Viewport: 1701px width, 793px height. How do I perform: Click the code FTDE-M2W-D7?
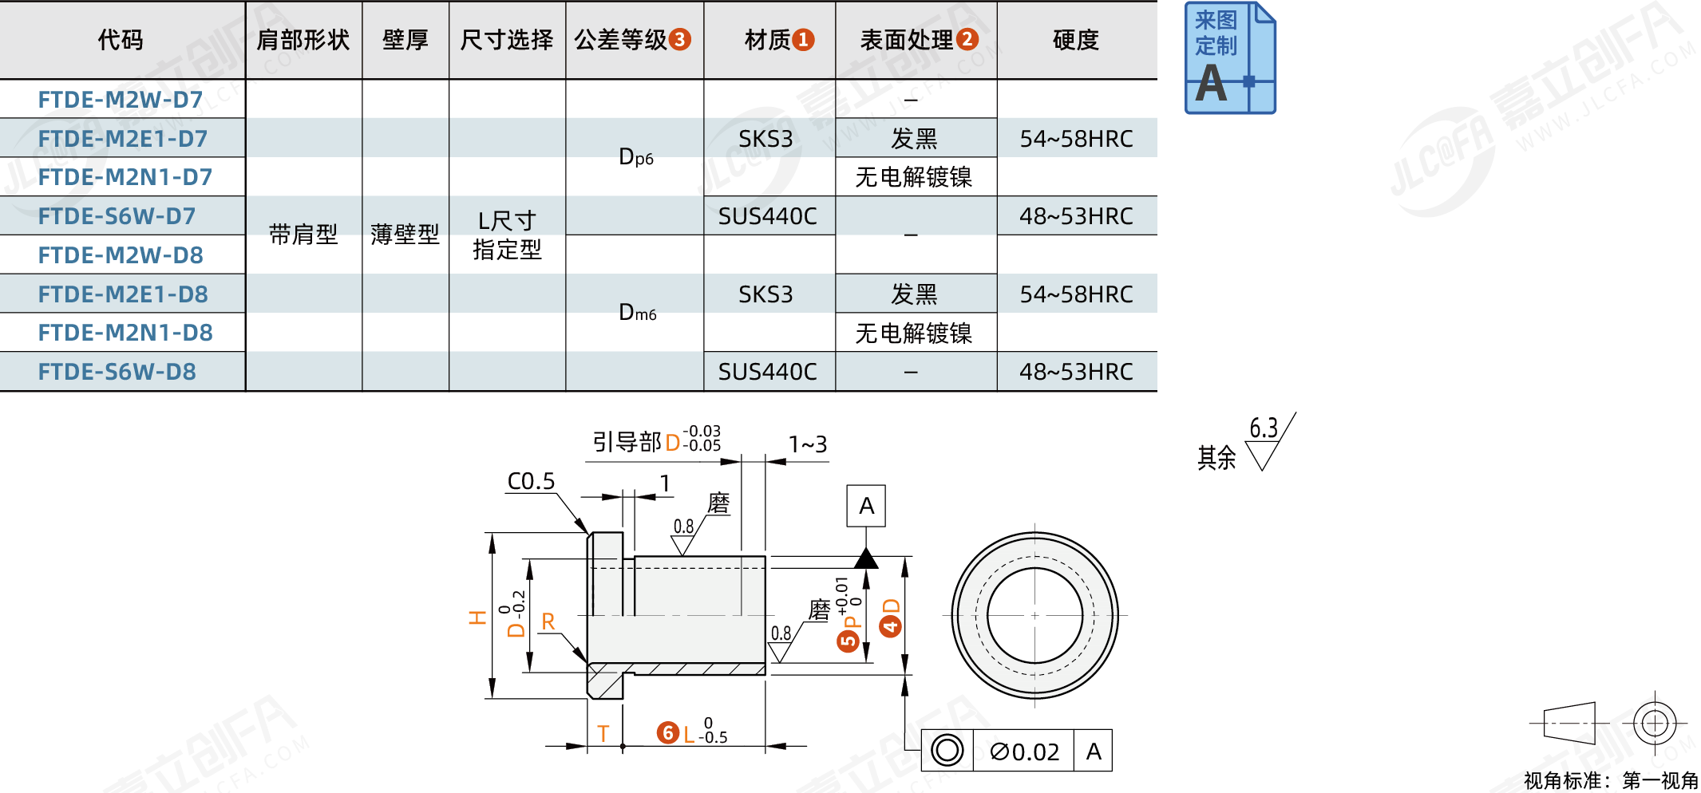[121, 100]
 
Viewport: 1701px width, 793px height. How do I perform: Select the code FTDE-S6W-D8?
[117, 372]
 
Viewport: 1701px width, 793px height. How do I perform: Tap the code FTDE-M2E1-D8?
[123, 294]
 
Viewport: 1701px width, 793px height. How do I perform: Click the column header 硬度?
[1076, 40]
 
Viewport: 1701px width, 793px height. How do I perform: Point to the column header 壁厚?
[405, 40]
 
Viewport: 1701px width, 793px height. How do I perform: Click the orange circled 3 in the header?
[680, 40]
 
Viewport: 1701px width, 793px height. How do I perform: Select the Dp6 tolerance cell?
[635, 157]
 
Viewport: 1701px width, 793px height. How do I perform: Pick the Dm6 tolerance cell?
[637, 313]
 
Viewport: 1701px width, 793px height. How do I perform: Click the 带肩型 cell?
[303, 235]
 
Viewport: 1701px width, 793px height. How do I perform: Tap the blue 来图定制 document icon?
[1229, 58]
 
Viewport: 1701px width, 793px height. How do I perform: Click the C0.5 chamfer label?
[531, 481]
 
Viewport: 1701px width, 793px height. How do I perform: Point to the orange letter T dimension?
[603, 733]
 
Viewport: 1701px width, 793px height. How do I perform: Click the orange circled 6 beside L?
[668, 732]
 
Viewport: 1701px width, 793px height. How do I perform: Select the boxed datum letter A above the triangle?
[866, 506]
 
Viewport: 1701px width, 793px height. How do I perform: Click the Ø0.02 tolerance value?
[1024, 752]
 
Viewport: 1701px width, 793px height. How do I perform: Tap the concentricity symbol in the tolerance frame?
[947, 751]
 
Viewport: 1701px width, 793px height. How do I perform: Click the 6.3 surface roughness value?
[1264, 428]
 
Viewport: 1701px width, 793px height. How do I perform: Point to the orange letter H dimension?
[477, 617]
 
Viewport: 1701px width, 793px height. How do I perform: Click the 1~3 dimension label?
[808, 444]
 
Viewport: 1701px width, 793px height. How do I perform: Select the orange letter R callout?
[548, 621]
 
